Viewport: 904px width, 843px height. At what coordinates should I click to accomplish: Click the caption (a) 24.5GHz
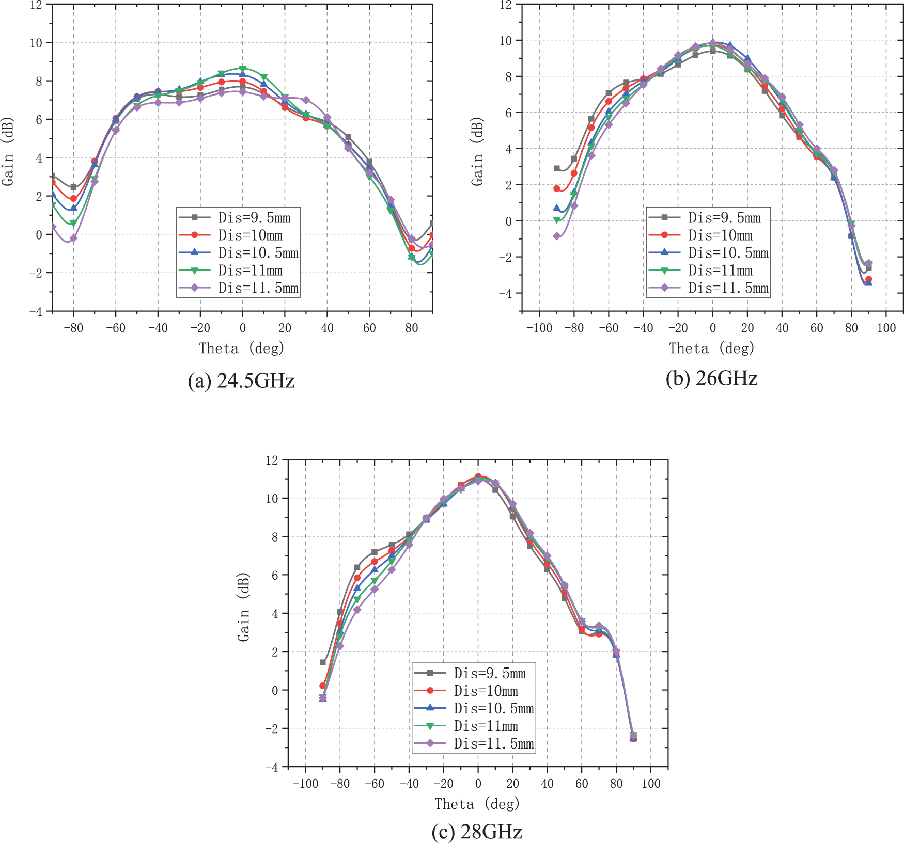(x=241, y=381)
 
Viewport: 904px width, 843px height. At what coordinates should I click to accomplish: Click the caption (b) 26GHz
(x=711, y=378)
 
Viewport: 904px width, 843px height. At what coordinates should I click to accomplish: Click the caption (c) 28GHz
(x=476, y=832)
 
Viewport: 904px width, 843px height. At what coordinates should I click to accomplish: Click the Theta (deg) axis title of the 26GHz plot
(x=711, y=348)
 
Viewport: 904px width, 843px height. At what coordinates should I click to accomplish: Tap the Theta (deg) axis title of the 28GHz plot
(x=476, y=804)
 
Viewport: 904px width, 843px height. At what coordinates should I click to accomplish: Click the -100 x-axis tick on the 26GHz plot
(x=539, y=328)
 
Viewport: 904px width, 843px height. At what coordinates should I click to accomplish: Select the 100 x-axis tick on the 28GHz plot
(x=651, y=784)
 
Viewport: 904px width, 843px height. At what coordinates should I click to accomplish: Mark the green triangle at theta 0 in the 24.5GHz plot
(x=242, y=69)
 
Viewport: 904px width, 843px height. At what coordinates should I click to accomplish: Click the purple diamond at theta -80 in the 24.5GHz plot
(x=73, y=238)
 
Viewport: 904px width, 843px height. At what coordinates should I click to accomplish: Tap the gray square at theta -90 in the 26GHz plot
(x=557, y=168)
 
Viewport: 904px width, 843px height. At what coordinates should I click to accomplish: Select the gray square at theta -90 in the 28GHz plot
(x=323, y=662)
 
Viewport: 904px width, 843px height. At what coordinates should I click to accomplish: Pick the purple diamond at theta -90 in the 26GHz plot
(x=557, y=236)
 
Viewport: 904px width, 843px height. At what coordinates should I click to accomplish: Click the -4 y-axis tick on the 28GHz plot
(x=272, y=767)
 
